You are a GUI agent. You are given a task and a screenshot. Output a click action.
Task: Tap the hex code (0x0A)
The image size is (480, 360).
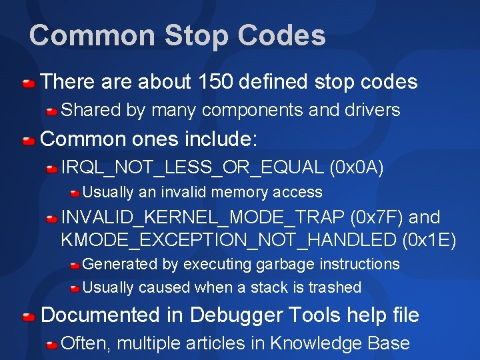point(357,167)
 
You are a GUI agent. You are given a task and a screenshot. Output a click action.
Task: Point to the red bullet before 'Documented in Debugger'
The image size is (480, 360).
point(28,317)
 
